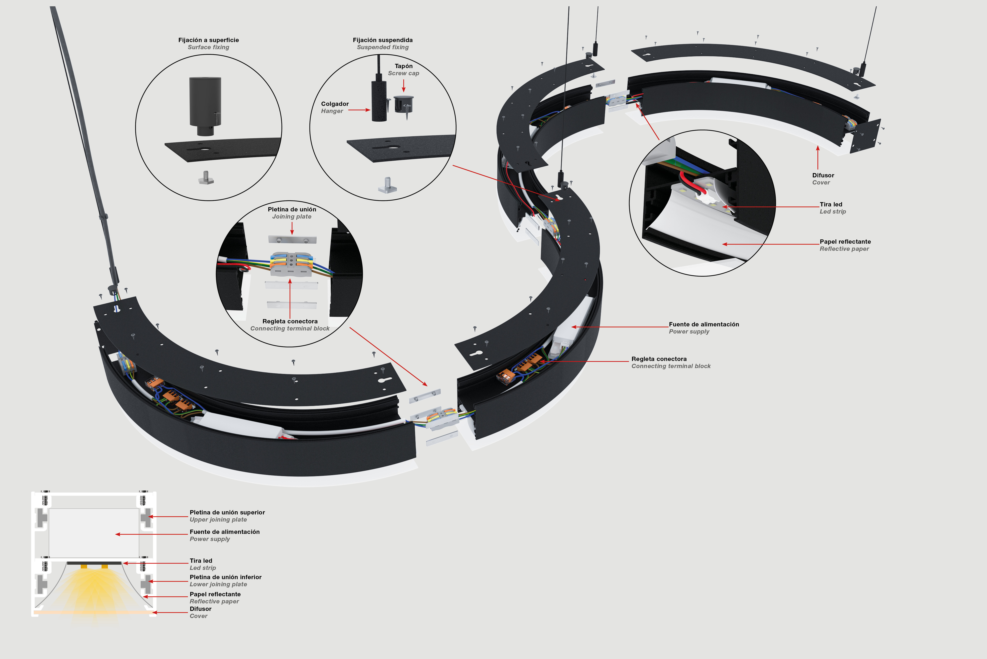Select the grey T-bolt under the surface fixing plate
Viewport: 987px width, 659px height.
click(x=206, y=178)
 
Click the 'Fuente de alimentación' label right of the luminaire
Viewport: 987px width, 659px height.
click(x=704, y=324)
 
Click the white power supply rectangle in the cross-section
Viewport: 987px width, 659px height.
click(x=94, y=533)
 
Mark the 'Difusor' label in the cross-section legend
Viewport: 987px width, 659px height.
click(x=201, y=609)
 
